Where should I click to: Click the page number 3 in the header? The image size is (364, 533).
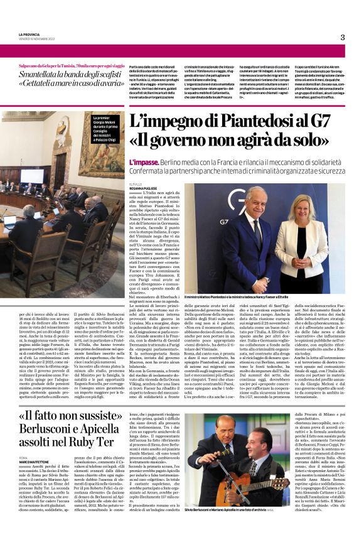343,37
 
